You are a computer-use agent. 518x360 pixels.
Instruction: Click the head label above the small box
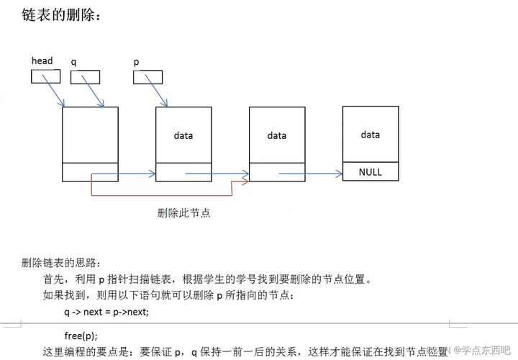point(42,61)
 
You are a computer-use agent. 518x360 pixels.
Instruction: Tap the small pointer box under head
point(46,76)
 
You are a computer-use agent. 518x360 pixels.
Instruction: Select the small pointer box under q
point(85,76)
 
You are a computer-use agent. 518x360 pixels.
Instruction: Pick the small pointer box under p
point(148,76)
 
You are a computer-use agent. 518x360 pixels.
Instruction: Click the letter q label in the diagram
point(73,62)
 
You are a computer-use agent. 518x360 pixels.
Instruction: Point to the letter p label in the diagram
point(136,62)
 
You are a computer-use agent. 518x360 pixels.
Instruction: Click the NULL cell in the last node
point(371,172)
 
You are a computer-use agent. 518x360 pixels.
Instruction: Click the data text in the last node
point(371,135)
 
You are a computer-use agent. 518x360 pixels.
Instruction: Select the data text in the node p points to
point(183,135)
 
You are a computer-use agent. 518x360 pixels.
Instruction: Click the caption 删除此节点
point(183,213)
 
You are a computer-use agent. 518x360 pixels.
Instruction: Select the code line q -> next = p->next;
point(106,311)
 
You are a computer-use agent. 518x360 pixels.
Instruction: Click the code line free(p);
point(81,336)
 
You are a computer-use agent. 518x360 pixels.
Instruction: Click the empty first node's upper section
point(90,135)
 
